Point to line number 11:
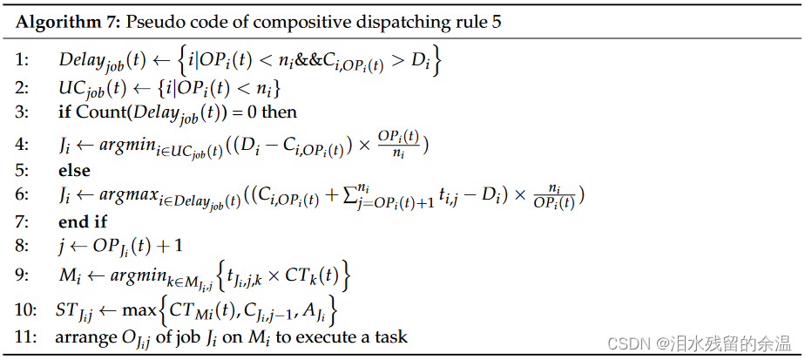tap(25, 336)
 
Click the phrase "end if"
tap(83, 222)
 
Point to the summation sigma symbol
tap(348, 197)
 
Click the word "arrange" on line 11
tap(84, 336)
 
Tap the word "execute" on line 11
tap(332, 336)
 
